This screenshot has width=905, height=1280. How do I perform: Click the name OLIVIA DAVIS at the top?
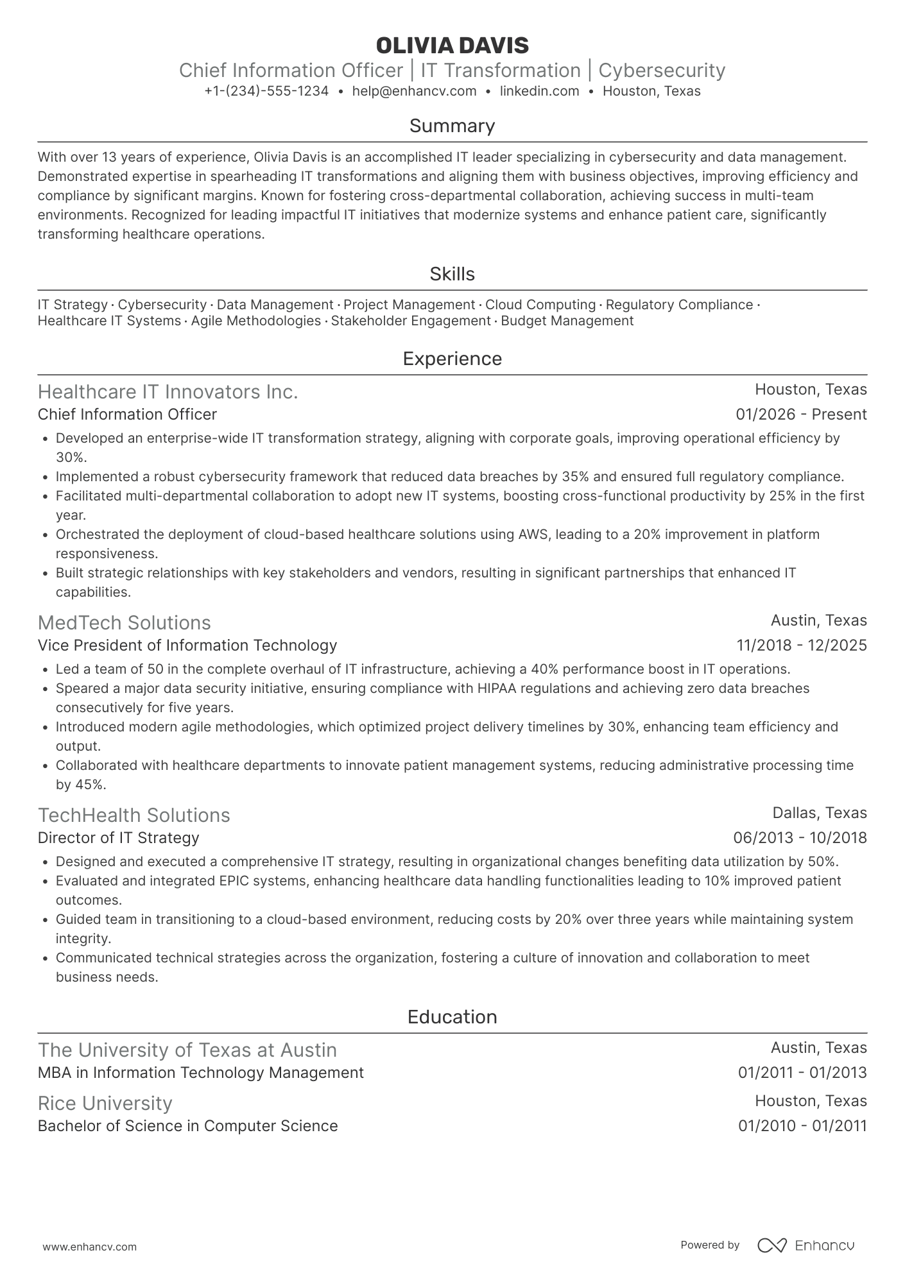click(452, 46)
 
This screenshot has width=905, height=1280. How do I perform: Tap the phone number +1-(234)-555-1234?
click(266, 91)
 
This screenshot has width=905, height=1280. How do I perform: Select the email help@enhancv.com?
click(415, 91)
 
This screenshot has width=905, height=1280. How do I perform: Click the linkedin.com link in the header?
click(539, 91)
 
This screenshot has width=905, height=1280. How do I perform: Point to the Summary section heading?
click(452, 126)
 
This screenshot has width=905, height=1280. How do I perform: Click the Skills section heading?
click(452, 274)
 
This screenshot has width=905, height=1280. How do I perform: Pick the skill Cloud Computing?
click(540, 305)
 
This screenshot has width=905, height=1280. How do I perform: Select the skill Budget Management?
click(567, 321)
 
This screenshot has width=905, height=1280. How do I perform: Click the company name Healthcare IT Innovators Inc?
click(168, 391)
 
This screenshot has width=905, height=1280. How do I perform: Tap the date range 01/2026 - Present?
click(801, 414)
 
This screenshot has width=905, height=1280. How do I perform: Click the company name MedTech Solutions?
click(124, 622)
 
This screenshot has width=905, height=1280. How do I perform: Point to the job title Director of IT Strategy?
click(118, 838)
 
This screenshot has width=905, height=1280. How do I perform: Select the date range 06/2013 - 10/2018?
click(800, 838)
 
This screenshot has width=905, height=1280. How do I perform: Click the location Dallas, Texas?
click(819, 813)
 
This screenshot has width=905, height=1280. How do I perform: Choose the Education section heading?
click(452, 1017)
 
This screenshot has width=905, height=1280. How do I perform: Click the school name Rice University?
click(105, 1103)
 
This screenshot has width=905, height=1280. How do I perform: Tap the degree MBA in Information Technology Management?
click(200, 1073)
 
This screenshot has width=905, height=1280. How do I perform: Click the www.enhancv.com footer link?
click(89, 1247)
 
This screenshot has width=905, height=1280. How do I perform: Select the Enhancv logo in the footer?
click(806, 1245)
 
